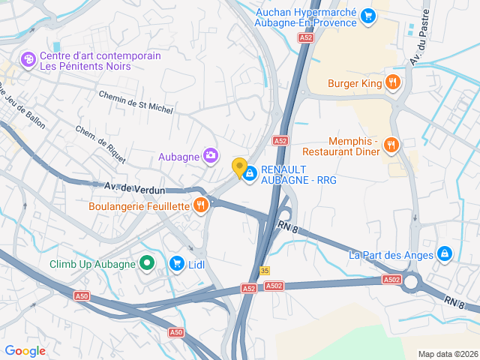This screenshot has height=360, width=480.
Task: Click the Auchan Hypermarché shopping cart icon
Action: tap(367, 15)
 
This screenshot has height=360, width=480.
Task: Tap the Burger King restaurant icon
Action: tap(391, 82)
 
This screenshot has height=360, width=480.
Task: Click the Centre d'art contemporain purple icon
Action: tap(28, 58)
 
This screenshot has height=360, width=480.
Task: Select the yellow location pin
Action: tap(240, 168)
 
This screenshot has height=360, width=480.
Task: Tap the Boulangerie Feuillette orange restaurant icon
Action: tap(200, 205)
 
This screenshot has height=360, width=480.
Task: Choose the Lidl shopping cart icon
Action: tap(177, 262)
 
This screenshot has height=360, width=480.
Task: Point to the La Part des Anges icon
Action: tap(445, 254)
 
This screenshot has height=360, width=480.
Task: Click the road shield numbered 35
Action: tap(265, 271)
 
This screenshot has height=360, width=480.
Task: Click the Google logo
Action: tap(25, 350)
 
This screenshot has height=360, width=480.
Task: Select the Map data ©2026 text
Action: tap(447, 354)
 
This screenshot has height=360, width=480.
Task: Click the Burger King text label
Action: tap(355, 83)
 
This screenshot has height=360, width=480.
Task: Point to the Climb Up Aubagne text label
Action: tap(92, 263)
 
